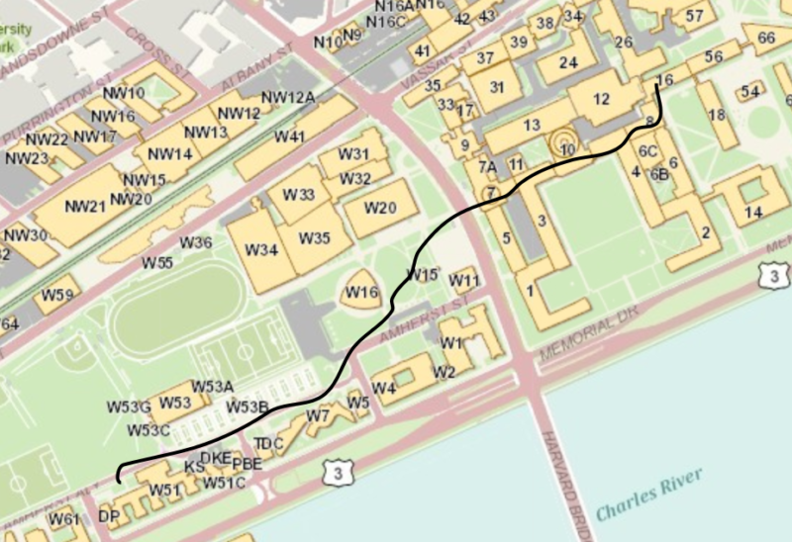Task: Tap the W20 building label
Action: point(380,207)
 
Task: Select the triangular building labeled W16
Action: point(361,292)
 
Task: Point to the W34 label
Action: point(261,249)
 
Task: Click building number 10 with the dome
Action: point(567,149)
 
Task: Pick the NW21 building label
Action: point(84,207)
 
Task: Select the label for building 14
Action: point(754,212)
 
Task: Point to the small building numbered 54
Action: point(749,92)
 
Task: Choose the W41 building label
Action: point(289,135)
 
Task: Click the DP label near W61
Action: point(108,516)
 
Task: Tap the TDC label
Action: point(268,442)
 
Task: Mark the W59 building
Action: point(56,295)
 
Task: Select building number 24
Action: point(567,62)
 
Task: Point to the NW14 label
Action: point(169,153)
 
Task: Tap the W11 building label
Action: point(463,281)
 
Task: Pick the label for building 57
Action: point(694,15)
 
